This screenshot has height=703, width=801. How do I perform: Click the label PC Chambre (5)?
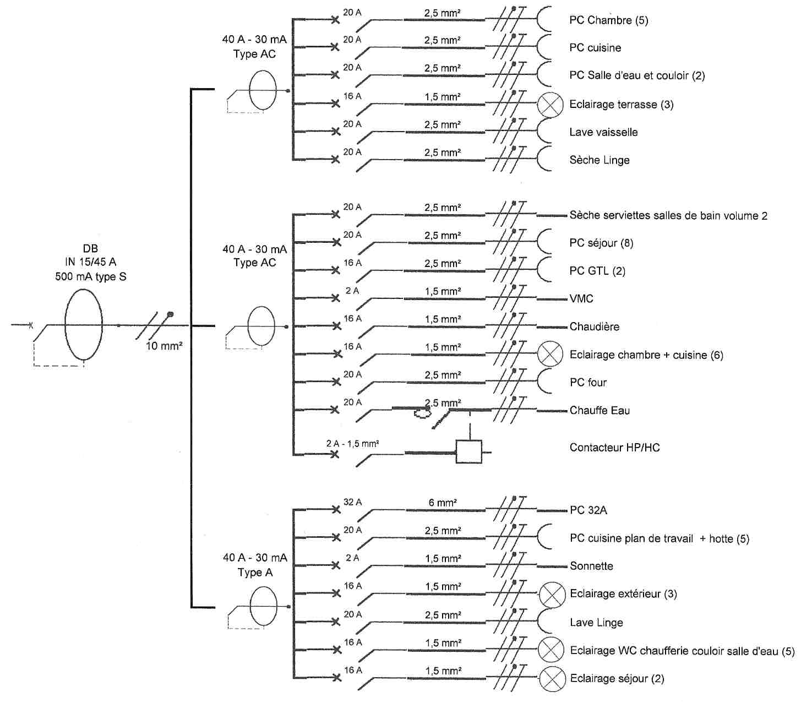click(608, 20)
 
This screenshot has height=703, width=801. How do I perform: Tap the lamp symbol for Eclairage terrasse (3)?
click(550, 105)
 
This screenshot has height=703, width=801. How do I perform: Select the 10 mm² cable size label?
click(164, 346)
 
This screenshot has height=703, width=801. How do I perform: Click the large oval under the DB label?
click(84, 324)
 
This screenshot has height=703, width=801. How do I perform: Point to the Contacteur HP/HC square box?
click(469, 451)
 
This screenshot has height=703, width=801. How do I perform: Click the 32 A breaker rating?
click(353, 502)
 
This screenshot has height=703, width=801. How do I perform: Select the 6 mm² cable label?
click(443, 503)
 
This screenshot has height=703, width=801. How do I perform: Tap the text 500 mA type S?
click(91, 276)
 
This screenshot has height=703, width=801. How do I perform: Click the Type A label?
click(255, 573)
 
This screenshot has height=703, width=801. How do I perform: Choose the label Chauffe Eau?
click(600, 411)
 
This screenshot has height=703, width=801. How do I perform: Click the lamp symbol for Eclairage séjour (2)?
click(552, 679)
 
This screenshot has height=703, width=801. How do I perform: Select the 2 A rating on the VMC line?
click(352, 291)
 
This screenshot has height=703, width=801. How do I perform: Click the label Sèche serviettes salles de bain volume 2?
click(668, 215)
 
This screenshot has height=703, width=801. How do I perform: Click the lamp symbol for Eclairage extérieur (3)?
click(552, 595)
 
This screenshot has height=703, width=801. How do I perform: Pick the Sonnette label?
click(591, 566)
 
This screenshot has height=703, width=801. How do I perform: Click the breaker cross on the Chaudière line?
click(336, 326)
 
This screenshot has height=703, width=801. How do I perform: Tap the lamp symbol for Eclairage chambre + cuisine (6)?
click(550, 354)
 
